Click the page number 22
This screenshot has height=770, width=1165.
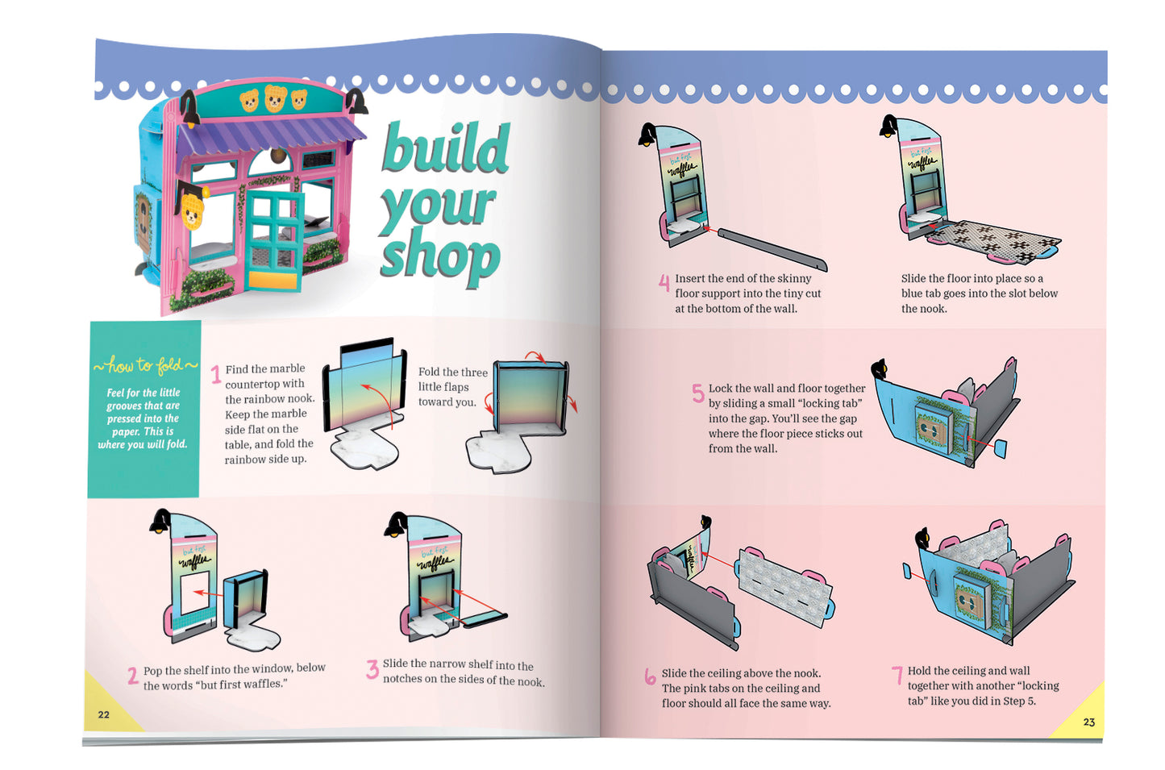pos(104,715)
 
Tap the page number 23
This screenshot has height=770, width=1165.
pos(1088,722)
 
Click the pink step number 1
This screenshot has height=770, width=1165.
pos(216,375)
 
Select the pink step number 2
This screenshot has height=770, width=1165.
pos(133,676)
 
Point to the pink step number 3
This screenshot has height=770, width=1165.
pos(372,669)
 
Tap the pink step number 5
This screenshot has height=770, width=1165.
pos(698,393)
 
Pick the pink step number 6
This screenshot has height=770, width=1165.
pos(650,676)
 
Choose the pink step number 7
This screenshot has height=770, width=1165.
pos(897,676)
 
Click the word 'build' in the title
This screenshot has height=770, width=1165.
pos(446,148)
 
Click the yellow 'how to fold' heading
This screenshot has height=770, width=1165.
pos(145,365)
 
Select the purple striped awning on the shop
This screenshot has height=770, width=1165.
pos(270,136)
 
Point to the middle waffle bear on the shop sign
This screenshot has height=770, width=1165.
pos(275,98)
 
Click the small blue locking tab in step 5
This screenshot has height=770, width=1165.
pos(1001,448)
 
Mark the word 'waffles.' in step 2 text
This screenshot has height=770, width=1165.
pos(265,685)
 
